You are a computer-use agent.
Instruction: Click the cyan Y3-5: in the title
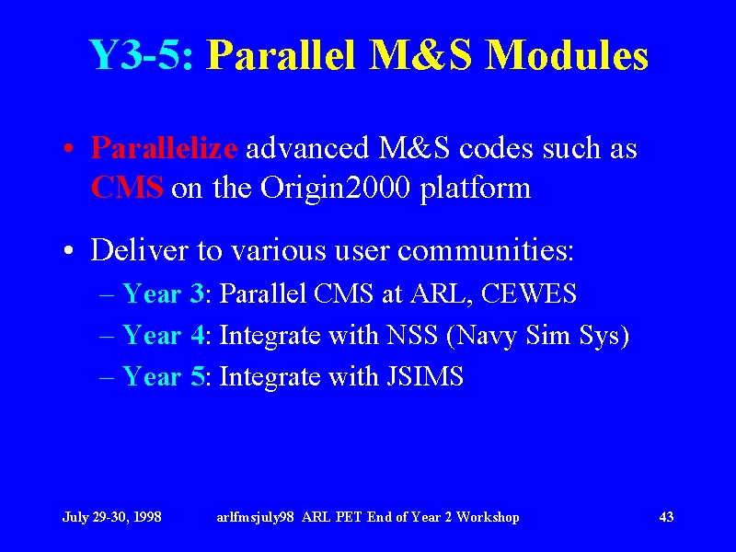pyautogui.click(x=141, y=54)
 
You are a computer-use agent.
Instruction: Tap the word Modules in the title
pyautogui.click(x=567, y=54)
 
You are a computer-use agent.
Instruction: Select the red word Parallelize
pyautogui.click(x=164, y=148)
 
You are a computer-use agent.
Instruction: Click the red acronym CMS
pyautogui.click(x=127, y=188)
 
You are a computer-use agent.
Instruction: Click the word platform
pyautogui.click(x=475, y=189)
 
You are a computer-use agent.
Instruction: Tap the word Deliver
pyautogui.click(x=139, y=249)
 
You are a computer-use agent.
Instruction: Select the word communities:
pyautogui.click(x=486, y=249)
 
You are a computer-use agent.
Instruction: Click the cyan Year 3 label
pyautogui.click(x=163, y=293)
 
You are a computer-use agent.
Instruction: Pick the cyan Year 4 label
pyautogui.click(x=164, y=335)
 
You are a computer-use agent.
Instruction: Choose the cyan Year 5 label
pyautogui.click(x=164, y=376)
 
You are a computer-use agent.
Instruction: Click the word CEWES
pyautogui.click(x=528, y=293)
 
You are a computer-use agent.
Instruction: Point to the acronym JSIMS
pyautogui.click(x=425, y=376)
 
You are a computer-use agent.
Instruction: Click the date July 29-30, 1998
pyautogui.click(x=111, y=517)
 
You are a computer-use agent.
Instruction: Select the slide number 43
pyautogui.click(x=666, y=517)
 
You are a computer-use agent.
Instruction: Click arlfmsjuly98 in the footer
pyautogui.click(x=256, y=517)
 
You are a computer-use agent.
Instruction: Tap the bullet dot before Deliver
pyautogui.click(x=69, y=250)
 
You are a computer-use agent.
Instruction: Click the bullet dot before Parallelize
pyautogui.click(x=69, y=149)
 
